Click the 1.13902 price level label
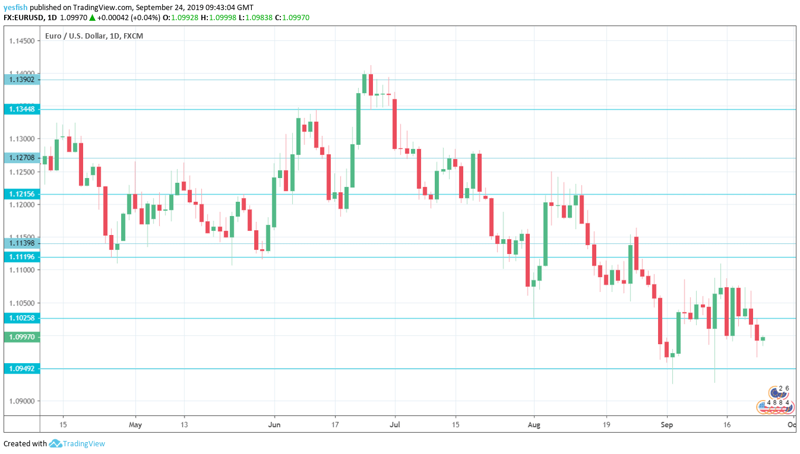[21, 80]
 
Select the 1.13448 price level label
[21, 109]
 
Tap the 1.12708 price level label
[21, 158]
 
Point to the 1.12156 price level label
[21, 194]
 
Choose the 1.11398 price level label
[21, 243]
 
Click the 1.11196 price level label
[21, 257]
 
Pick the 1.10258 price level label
[21, 318]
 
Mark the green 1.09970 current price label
[21, 337]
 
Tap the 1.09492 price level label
[21, 369]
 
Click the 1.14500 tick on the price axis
[23, 41]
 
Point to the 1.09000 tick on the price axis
[23, 401]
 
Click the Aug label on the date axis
[534, 424]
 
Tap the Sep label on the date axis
[666, 424]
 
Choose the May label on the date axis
[135, 424]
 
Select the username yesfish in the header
[15, 8]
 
